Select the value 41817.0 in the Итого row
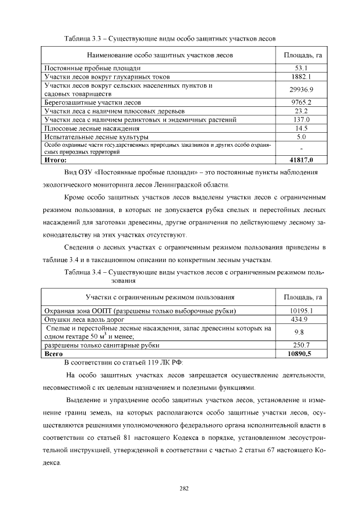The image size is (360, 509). click(301, 160)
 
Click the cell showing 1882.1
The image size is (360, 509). click(301, 76)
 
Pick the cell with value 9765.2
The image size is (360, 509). click(301, 103)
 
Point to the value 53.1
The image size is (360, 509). click(301, 68)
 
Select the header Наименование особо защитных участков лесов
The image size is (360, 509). click(160, 55)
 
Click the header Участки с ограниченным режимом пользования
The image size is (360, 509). click(160, 297)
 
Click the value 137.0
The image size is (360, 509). click(301, 120)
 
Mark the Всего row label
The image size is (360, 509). click(54, 354)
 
